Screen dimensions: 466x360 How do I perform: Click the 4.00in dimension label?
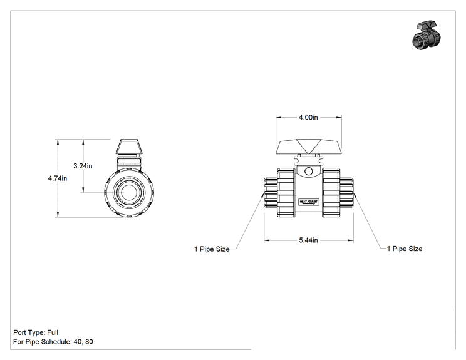point(308,117)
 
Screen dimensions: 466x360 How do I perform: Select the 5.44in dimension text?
point(308,240)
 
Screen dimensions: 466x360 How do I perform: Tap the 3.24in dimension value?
point(83,166)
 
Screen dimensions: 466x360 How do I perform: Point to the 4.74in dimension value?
point(58,178)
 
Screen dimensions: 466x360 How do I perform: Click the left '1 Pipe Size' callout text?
point(212,249)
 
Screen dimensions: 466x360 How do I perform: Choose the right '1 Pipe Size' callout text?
point(405,249)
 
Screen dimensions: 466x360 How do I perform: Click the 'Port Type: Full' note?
point(36,332)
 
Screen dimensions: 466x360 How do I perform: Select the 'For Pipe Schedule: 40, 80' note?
point(53,342)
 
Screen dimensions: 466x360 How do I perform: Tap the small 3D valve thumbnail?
point(427,35)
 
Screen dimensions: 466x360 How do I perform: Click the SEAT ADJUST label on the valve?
point(309,202)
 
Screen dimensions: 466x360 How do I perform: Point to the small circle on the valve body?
point(309,172)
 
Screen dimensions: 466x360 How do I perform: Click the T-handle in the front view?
point(309,147)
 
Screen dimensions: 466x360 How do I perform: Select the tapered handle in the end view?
point(129,147)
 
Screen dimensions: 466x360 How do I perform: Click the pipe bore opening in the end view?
point(129,192)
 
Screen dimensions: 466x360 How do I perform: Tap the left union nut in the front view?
point(286,192)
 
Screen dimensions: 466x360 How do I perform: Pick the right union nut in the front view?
point(331,192)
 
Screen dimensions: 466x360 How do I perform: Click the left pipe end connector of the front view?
point(271,192)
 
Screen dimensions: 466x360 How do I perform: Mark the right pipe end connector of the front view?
point(347,192)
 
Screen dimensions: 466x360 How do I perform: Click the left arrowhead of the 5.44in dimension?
point(267,240)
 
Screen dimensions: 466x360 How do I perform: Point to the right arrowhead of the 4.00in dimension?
point(339,117)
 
